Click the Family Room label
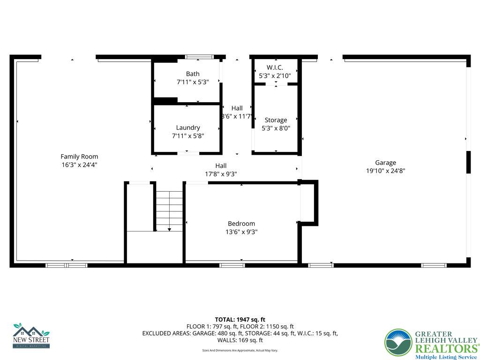point(79,157)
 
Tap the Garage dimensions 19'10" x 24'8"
point(385,171)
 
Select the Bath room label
point(192,74)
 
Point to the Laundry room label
point(188,127)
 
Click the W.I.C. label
point(275,67)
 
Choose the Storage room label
point(276,120)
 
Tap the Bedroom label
point(241,224)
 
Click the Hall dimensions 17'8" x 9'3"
point(221,174)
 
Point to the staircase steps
point(169,211)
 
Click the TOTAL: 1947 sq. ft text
point(240,320)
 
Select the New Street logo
point(31,336)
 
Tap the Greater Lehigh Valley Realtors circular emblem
point(398,343)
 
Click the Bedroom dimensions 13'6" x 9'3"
point(241,232)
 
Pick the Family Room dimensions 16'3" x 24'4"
point(79,165)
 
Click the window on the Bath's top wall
point(199,57)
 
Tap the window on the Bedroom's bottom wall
point(232,265)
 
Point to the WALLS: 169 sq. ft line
point(240,340)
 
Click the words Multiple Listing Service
point(446,357)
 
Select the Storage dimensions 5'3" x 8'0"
point(276,128)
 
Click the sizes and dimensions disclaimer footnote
point(240,351)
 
